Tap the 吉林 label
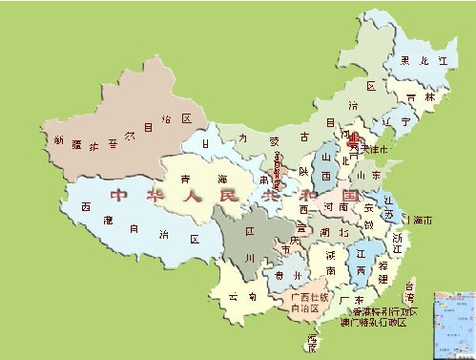point(413,98)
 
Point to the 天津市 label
point(369,150)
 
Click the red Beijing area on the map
point(353,138)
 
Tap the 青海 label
point(206,179)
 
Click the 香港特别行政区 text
point(384,311)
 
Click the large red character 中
point(118,196)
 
